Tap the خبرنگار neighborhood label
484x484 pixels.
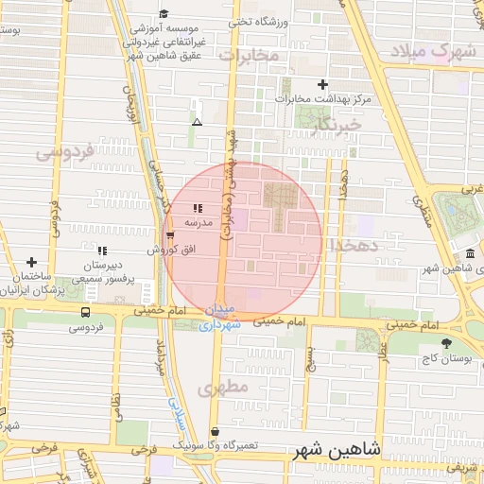pyautogui.click(x=337, y=125)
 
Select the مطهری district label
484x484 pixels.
pyautogui.click(x=223, y=388)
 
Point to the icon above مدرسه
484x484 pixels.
pyautogui.click(x=197, y=209)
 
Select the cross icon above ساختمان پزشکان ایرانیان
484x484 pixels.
pyautogui.click(x=32, y=262)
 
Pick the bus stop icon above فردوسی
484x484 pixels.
pyautogui.click(x=86, y=312)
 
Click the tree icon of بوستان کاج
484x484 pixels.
pyautogui.click(x=445, y=343)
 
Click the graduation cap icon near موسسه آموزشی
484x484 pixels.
pyautogui.click(x=164, y=13)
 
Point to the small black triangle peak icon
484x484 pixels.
pyautogui.click(x=197, y=122)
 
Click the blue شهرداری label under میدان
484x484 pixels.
pyautogui.click(x=220, y=324)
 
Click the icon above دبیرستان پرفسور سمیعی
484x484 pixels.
pyautogui.click(x=102, y=251)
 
